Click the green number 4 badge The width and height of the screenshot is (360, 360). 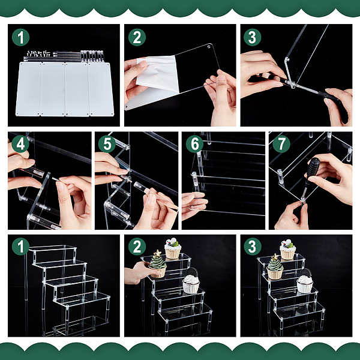[20, 144]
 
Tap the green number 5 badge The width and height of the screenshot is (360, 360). [107, 144]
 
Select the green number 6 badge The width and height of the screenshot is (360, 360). [194, 144]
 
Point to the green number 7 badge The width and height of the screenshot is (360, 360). [281, 144]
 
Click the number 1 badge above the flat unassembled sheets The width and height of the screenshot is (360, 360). [20, 37]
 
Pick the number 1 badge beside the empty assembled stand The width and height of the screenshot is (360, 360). [20, 247]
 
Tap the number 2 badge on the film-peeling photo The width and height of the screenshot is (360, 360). [137, 37]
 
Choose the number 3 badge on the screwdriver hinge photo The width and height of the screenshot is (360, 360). [253, 37]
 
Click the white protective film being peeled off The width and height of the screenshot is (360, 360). [158, 73]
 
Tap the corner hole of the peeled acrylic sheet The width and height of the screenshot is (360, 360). [209, 47]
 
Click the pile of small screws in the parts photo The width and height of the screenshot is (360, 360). [38, 54]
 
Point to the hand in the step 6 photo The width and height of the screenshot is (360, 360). [194, 205]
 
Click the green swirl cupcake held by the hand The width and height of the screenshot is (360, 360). [158, 264]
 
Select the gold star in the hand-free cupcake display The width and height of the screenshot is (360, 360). [275, 256]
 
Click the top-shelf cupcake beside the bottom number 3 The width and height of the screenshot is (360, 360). [287, 250]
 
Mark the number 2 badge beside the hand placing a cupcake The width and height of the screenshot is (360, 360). [137, 247]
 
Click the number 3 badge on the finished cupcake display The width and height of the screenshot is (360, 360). [253, 247]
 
